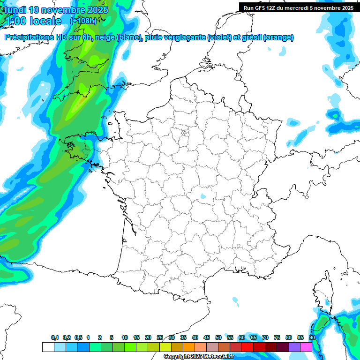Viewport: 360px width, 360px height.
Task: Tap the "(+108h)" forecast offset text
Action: pyautogui.click(x=83, y=21)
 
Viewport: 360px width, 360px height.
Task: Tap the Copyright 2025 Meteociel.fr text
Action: pyautogui.click(x=199, y=356)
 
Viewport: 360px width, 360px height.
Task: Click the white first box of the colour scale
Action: pyautogui.click(x=48, y=347)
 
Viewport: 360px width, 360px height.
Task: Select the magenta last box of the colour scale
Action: pyautogui.click(x=306, y=347)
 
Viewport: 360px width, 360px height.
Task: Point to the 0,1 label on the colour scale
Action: pyautogui.click(x=55, y=338)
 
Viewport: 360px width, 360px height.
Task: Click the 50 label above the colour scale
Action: pyautogui.click(x=218, y=338)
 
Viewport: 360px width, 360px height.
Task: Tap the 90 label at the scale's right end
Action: pyautogui.click(x=312, y=338)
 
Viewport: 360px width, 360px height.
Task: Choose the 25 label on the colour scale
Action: pyautogui.click(x=160, y=338)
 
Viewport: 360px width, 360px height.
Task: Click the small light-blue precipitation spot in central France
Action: pyautogui.click(x=202, y=196)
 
